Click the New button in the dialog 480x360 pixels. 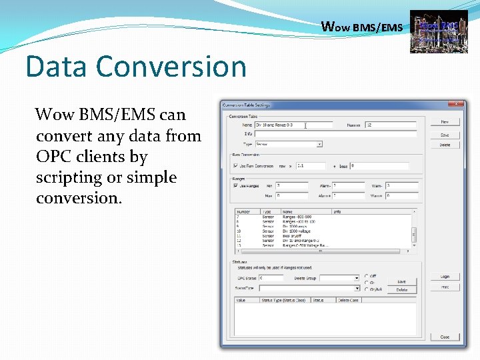click(x=445, y=122)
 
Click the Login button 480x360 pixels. click(x=445, y=276)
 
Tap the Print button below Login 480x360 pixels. click(x=445, y=287)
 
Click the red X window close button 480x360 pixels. click(x=457, y=104)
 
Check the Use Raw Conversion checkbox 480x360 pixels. click(x=235, y=166)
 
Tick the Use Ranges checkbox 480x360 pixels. click(x=235, y=186)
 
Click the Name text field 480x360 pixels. click(x=293, y=125)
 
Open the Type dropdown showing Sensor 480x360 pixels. click(x=288, y=143)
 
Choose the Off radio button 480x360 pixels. click(x=366, y=275)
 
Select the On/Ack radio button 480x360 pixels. click(x=366, y=289)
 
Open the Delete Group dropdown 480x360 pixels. click(x=337, y=277)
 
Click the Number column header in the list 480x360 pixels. click(x=243, y=211)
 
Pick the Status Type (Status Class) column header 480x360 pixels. click(x=283, y=300)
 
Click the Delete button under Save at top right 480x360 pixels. click(x=445, y=145)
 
